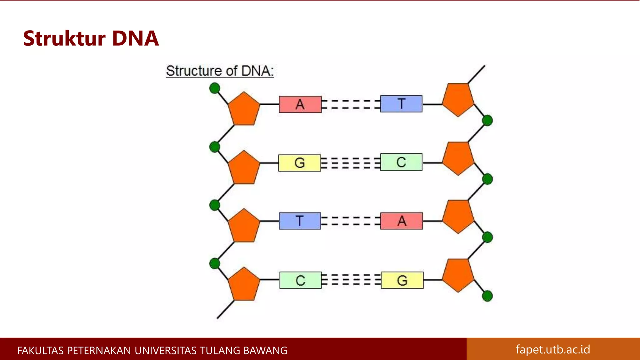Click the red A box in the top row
click(x=300, y=104)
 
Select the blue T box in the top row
click(x=401, y=104)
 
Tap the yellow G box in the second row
click(x=299, y=163)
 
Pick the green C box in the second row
click(x=401, y=162)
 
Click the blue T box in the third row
click(x=300, y=221)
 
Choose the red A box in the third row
click(x=402, y=221)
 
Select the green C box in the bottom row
click(x=300, y=280)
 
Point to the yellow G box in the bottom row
click(x=402, y=280)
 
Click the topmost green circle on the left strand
click(x=215, y=88)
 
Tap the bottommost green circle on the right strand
click(x=487, y=296)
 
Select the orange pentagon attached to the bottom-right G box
click(x=458, y=275)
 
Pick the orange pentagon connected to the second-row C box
click(x=458, y=158)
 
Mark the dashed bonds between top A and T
click(x=351, y=104)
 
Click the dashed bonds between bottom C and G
click(x=351, y=280)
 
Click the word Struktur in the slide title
click(x=64, y=39)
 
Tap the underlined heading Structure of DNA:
click(x=220, y=71)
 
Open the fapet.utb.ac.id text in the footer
click(x=553, y=349)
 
